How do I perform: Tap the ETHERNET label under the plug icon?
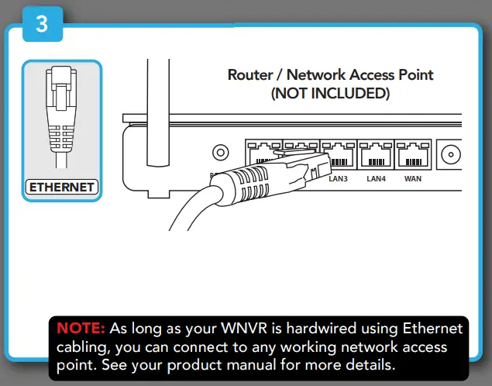pos(61,187)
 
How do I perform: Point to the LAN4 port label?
pos(376,179)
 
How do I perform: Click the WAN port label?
pos(412,179)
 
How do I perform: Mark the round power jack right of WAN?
pos(449,157)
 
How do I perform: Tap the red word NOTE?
pos(81,329)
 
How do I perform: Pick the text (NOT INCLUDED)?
pos(329,94)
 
